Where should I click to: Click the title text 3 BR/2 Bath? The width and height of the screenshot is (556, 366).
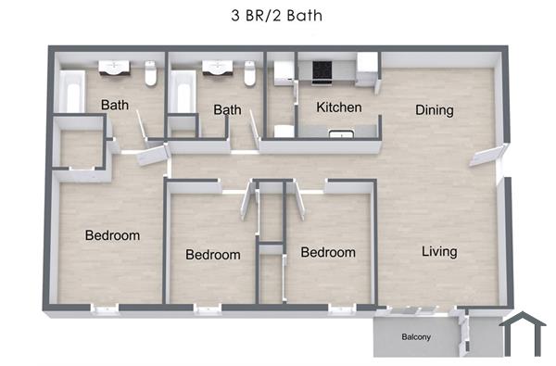click(277, 16)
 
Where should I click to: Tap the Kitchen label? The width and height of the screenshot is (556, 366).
click(338, 108)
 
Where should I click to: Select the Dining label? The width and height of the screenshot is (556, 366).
click(434, 110)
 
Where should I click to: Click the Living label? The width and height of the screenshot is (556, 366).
click(438, 251)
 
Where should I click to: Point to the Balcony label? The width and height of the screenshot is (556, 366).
click(415, 337)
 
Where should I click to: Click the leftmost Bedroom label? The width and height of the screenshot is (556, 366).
click(112, 235)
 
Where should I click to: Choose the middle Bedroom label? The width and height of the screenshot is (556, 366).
click(212, 255)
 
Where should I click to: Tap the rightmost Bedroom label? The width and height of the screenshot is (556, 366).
click(328, 252)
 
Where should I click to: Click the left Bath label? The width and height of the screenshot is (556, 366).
click(115, 106)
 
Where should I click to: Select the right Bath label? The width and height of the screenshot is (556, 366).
click(227, 110)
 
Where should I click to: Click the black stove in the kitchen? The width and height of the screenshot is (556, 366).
click(322, 69)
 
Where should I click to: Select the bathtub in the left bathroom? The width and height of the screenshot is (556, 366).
click(70, 94)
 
